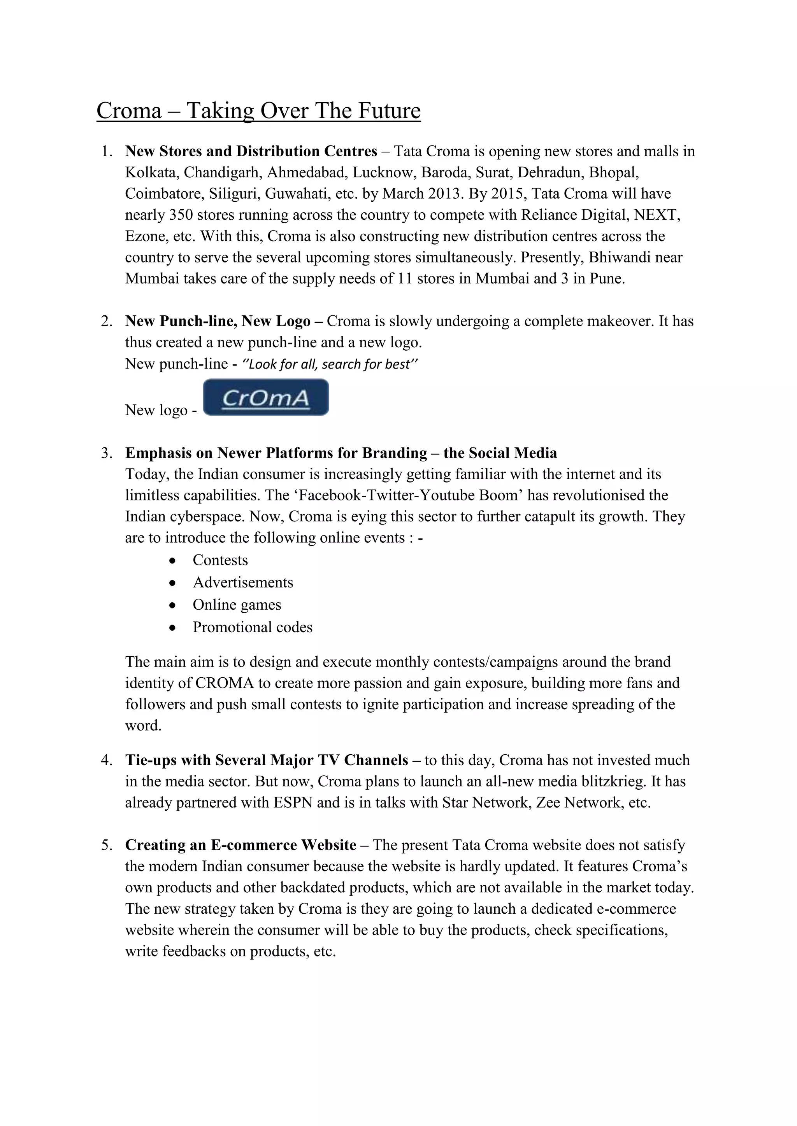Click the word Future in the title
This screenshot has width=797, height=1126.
coord(389,110)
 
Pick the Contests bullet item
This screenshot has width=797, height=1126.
coord(220,560)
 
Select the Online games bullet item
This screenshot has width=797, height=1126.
coord(237,605)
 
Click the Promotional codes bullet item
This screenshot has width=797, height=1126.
coord(252,627)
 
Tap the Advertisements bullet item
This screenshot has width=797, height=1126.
coord(242,582)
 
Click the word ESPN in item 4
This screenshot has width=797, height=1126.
coord(293,803)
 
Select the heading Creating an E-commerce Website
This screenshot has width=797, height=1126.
coord(241,845)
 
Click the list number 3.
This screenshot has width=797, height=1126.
coord(106,453)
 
